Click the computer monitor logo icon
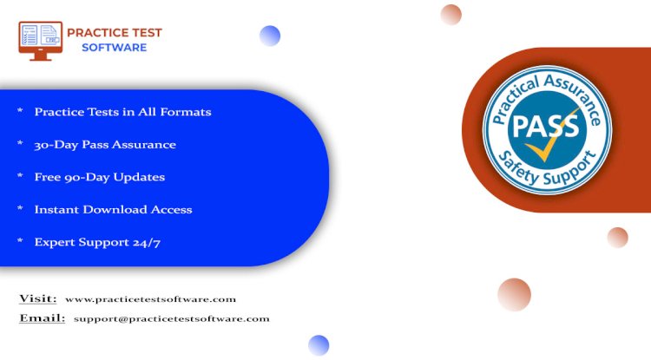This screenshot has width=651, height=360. [x=40, y=41]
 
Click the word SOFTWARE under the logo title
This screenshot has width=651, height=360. [x=115, y=48]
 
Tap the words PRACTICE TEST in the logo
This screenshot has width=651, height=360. [x=115, y=33]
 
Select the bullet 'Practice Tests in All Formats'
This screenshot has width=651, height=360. [x=122, y=112]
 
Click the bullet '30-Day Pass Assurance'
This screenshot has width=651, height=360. [x=105, y=145]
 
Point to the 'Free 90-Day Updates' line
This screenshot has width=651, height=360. [x=100, y=177]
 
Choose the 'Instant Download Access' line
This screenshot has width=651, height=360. [x=113, y=209]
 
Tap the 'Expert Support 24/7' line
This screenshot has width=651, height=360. [x=97, y=242]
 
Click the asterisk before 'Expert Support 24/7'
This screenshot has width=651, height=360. [x=20, y=240]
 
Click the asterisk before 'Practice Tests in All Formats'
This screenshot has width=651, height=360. [x=20, y=110]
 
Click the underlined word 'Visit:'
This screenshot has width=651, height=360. [x=38, y=298]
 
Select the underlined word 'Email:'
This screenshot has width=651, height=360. [x=42, y=318]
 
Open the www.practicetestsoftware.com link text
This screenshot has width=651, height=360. [x=150, y=299]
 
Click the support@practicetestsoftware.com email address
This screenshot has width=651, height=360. [x=172, y=319]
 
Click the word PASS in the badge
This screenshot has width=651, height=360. [x=546, y=126]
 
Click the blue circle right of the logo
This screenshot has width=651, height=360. [x=270, y=36]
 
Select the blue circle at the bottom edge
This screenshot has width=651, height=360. [x=319, y=345]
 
